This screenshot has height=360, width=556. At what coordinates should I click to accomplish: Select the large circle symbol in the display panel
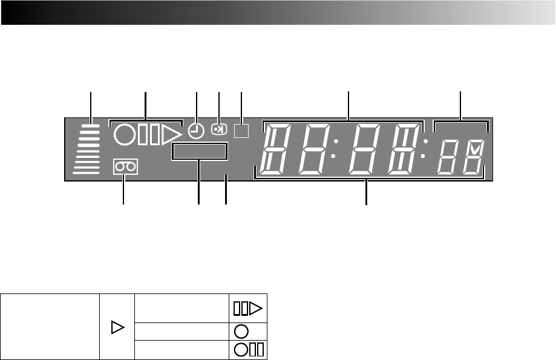pyautogui.click(x=123, y=134)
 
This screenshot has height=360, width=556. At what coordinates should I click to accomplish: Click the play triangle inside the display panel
pyautogui.click(x=172, y=134)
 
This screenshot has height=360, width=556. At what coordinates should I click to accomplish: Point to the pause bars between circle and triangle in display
pyautogui.click(x=148, y=134)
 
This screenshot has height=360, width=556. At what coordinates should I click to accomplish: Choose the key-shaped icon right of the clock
pyautogui.click(x=218, y=129)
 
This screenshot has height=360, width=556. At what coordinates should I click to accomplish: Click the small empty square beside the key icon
pyautogui.click(x=241, y=131)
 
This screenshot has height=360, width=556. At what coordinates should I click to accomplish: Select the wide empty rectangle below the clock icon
pyautogui.click(x=199, y=151)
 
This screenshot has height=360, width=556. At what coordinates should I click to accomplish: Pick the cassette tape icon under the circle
pyautogui.click(x=125, y=166)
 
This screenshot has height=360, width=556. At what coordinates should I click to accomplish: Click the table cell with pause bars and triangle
pyautogui.click(x=248, y=309)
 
